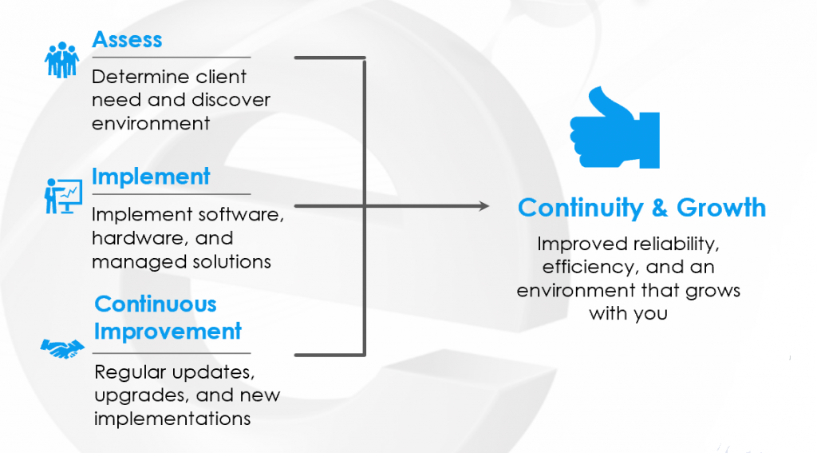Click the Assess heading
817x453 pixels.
pyautogui.click(x=127, y=39)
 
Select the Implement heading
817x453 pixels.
pyautogui.click(x=151, y=177)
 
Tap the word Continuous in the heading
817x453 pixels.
pyautogui.click(x=155, y=304)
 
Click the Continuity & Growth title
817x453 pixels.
pyautogui.click(x=641, y=209)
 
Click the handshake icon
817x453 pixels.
pyautogui.click(x=62, y=348)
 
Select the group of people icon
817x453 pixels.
pyautogui.click(x=62, y=60)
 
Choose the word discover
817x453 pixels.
pyautogui.click(x=233, y=101)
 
